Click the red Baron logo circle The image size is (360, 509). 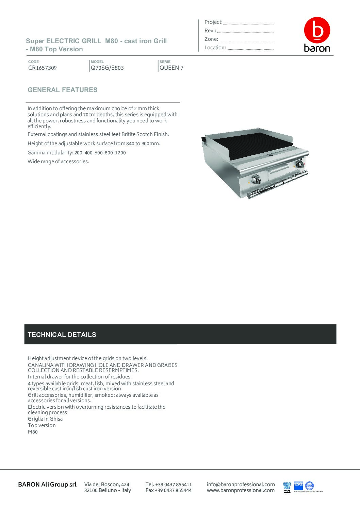click(x=317, y=30)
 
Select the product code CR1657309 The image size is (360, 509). click(x=43, y=68)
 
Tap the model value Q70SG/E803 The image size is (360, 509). click(x=107, y=68)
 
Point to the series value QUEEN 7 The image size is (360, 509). click(x=171, y=68)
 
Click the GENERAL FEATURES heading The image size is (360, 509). click(x=63, y=90)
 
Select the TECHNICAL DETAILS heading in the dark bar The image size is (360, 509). click(x=62, y=335)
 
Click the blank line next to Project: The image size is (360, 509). click(x=248, y=23)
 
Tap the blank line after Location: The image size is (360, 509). click(x=250, y=48)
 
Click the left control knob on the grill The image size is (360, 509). click(x=255, y=180)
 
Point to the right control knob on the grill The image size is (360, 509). click(x=300, y=164)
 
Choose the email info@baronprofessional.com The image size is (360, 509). click(x=241, y=484)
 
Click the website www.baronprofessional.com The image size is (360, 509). click(x=241, y=490)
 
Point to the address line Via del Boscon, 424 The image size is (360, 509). click(x=107, y=484)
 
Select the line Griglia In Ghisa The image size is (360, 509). click(x=45, y=419)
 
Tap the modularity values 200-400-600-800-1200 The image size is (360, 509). click(x=100, y=153)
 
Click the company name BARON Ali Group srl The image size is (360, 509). click(x=47, y=484)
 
